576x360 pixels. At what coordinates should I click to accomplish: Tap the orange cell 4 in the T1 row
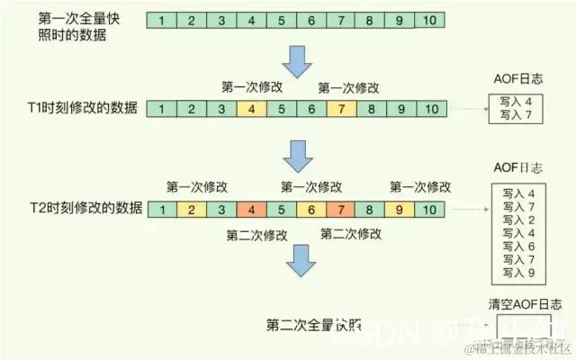[x=251, y=110]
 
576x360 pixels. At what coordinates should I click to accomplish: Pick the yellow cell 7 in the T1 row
[x=339, y=110]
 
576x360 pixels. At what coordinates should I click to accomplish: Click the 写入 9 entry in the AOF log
[x=518, y=273]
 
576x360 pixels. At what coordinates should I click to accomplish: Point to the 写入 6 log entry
[x=518, y=246]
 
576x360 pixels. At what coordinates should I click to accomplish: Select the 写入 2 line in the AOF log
[x=518, y=220]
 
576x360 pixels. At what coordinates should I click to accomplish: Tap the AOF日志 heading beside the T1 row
[x=518, y=79]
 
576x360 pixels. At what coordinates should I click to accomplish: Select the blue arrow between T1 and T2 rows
[x=297, y=155]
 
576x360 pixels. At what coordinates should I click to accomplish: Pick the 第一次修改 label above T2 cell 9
[x=419, y=186]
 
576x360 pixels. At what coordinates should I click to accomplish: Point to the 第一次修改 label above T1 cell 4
[x=251, y=88]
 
